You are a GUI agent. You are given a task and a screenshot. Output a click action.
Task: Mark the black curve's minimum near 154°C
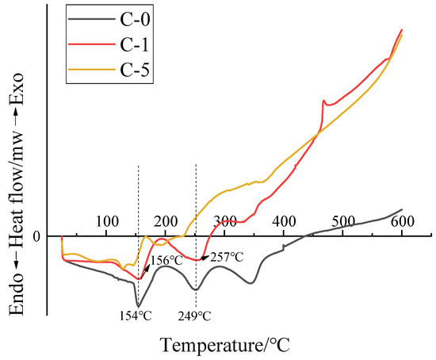click(x=138, y=306)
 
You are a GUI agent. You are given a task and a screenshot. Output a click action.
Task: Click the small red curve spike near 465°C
click(x=323, y=101)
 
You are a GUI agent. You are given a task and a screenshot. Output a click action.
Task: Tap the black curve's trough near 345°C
click(x=251, y=283)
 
